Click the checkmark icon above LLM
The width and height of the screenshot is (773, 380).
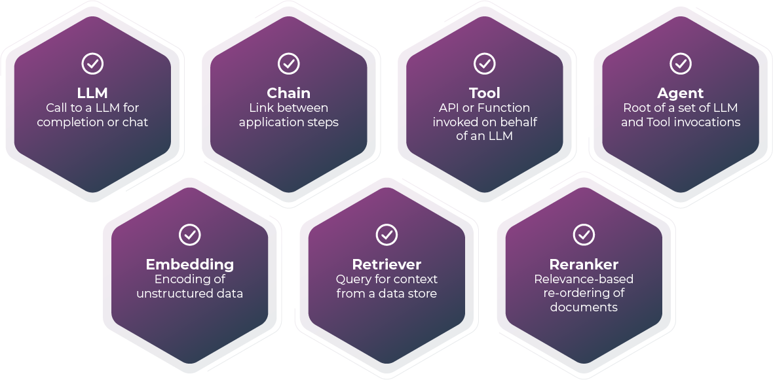click(92, 63)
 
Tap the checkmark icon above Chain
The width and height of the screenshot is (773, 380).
click(288, 63)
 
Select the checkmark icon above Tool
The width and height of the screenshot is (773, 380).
click(484, 63)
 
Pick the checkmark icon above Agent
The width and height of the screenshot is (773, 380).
click(681, 63)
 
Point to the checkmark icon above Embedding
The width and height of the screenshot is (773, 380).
click(190, 234)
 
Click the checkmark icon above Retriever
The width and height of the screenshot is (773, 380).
click(387, 234)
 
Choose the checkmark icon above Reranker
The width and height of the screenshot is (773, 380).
click(584, 234)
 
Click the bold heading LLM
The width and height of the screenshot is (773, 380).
click(92, 93)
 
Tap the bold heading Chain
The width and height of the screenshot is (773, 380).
click(288, 93)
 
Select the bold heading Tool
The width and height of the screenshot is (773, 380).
click(484, 93)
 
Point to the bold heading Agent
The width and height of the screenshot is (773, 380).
click(681, 93)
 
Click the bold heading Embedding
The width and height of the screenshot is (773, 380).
click(190, 264)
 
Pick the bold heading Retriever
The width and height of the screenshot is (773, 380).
click(387, 264)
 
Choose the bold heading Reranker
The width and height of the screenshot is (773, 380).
click(584, 264)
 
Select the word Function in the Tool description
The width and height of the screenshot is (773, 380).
click(504, 108)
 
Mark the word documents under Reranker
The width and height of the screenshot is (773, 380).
click(584, 307)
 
